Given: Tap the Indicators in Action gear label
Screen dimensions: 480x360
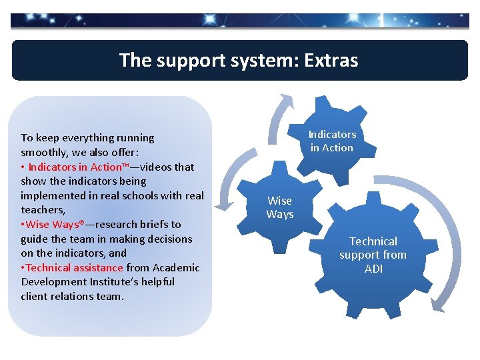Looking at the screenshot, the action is pyautogui.click(x=332, y=141).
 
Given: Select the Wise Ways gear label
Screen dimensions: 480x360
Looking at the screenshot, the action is pyautogui.click(x=279, y=207).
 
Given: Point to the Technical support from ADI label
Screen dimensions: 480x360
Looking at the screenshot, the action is pyautogui.click(x=373, y=255).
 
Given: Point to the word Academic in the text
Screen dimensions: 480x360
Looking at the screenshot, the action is pyautogui.click(x=176, y=267).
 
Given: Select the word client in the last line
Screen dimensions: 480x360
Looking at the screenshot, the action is pyautogui.click(x=35, y=296).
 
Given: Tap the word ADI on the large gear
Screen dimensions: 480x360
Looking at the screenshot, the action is pyautogui.click(x=373, y=269).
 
